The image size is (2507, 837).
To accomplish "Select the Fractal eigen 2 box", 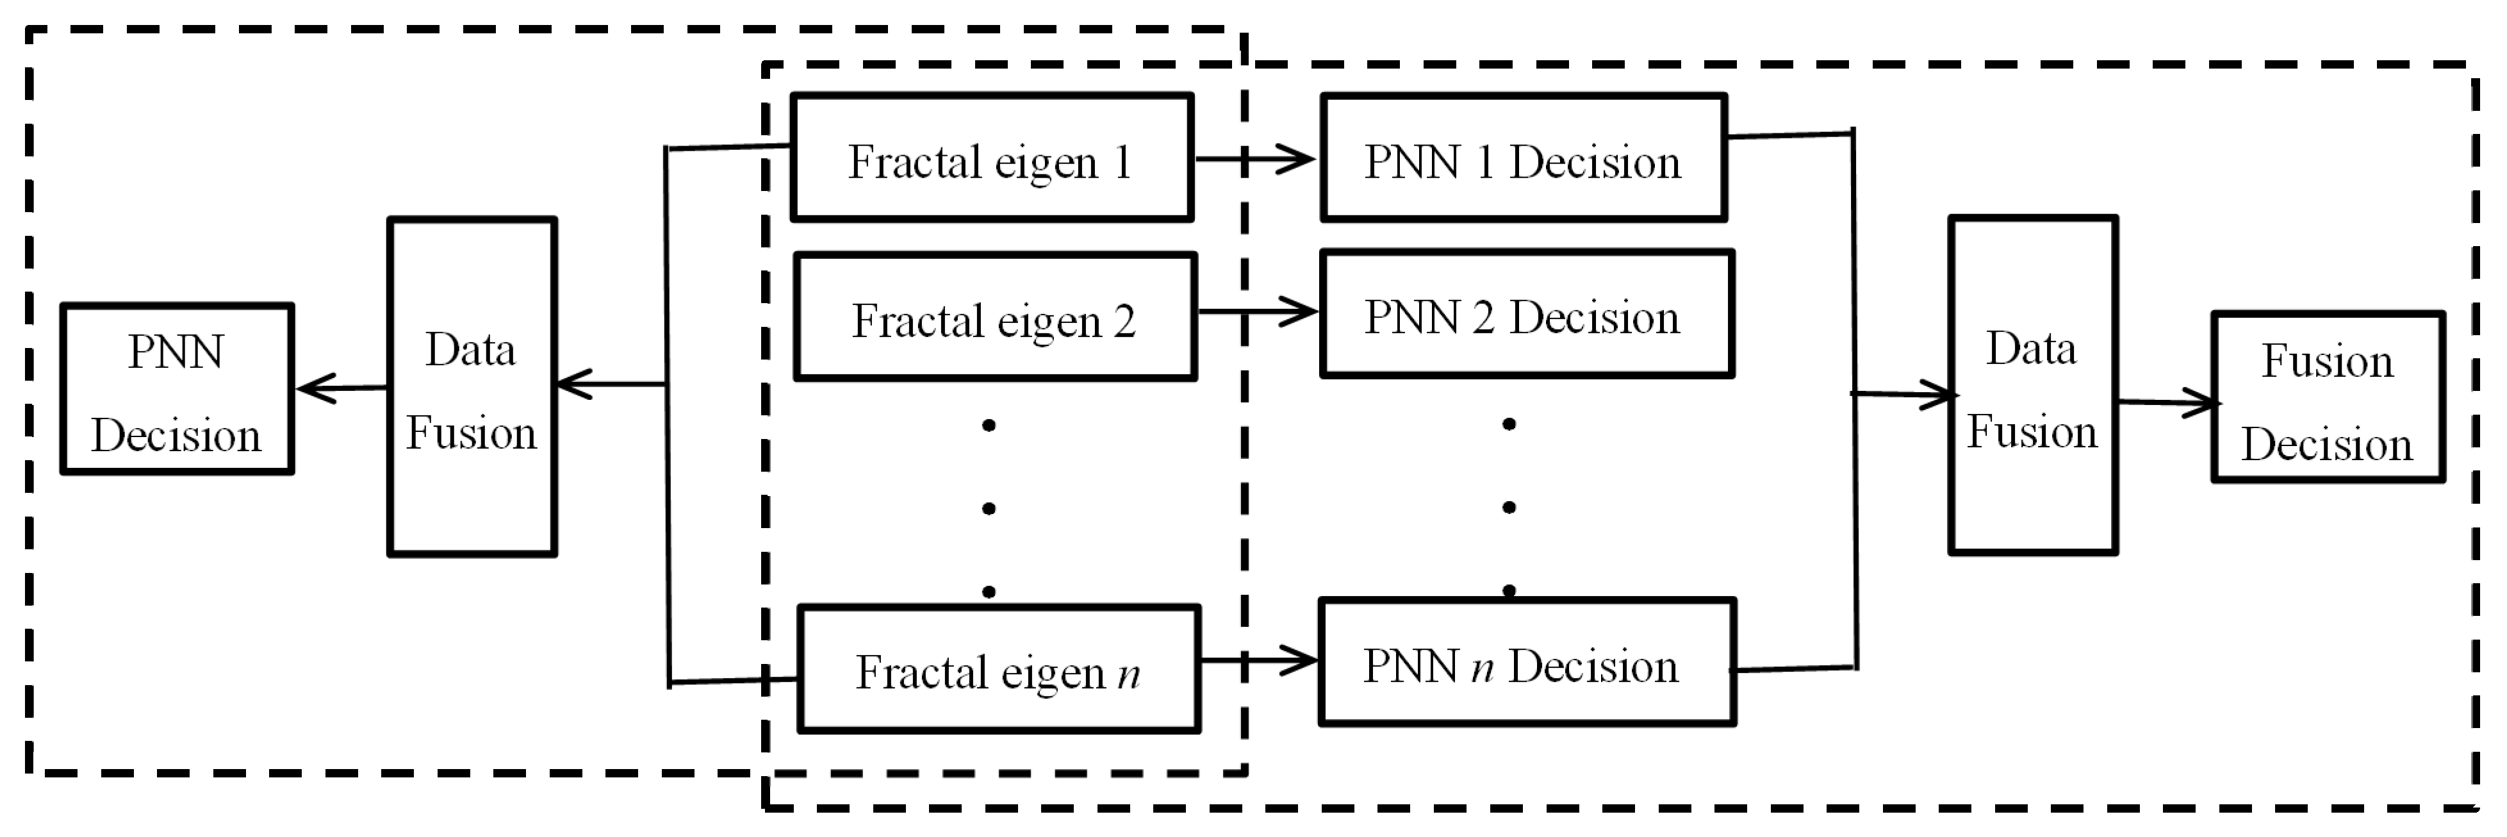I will tap(994, 317).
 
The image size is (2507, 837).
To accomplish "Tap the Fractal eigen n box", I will tap(999, 670).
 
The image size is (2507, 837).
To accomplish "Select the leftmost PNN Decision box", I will tap(176, 389).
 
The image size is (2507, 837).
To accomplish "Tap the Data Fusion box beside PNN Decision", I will tap(472, 387).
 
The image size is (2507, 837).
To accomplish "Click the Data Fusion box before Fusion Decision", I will tap(2032, 385).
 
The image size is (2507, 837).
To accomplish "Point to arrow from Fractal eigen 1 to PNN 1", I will tap(1256, 159).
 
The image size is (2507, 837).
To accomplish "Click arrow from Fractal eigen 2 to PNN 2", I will tap(1258, 311).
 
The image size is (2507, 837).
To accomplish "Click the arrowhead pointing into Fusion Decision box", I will tap(2201, 402).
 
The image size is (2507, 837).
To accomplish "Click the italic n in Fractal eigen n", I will tap(1128, 674).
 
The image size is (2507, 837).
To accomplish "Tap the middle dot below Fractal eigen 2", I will tap(989, 508).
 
